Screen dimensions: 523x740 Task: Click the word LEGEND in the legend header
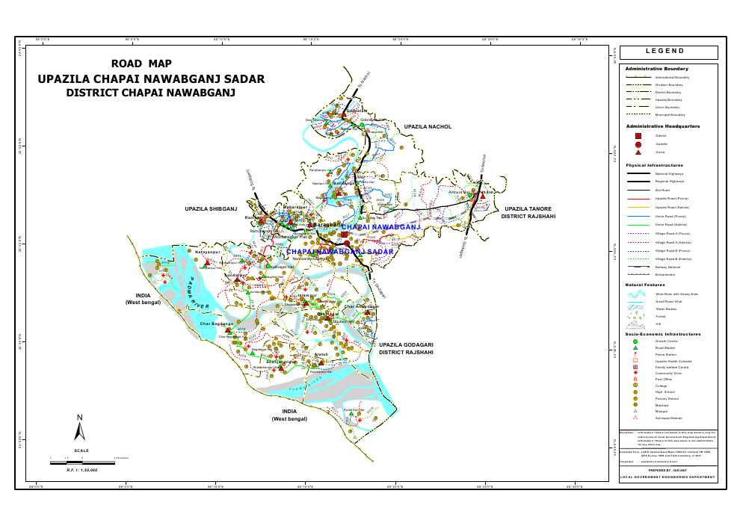tap(668, 52)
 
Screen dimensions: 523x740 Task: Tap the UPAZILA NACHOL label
tap(428, 127)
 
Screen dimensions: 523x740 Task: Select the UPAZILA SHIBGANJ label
tap(210, 208)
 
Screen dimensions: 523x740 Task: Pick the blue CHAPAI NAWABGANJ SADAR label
tap(339, 253)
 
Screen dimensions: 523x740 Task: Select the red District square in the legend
tap(638, 135)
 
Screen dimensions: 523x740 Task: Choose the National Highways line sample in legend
tap(638, 173)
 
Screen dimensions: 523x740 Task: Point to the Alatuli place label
tap(321, 353)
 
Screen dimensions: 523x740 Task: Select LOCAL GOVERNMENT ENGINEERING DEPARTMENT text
tap(668, 477)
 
